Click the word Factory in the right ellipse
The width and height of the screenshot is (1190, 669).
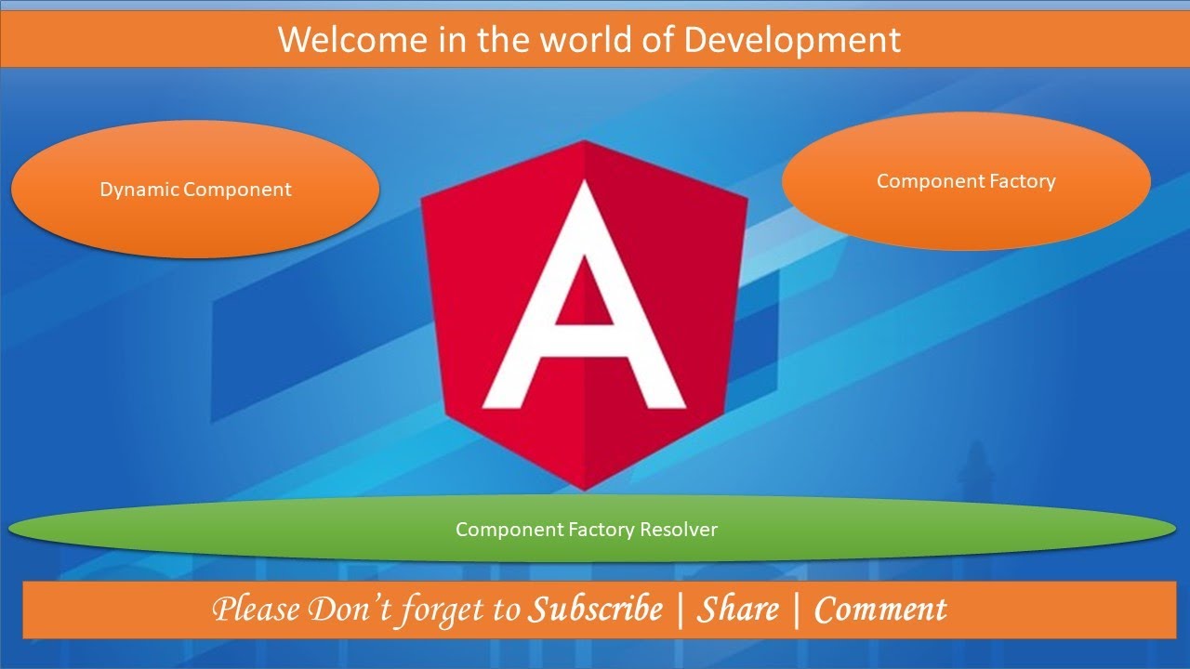[1022, 181]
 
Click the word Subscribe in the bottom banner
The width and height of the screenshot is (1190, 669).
[596, 610]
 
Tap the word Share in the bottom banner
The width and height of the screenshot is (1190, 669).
[738, 610]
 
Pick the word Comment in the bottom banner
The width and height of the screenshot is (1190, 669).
[879, 610]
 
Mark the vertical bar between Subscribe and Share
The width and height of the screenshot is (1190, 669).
[681, 610]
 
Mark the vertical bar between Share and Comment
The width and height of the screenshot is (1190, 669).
[797, 610]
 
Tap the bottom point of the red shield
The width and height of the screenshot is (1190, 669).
[584, 488]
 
